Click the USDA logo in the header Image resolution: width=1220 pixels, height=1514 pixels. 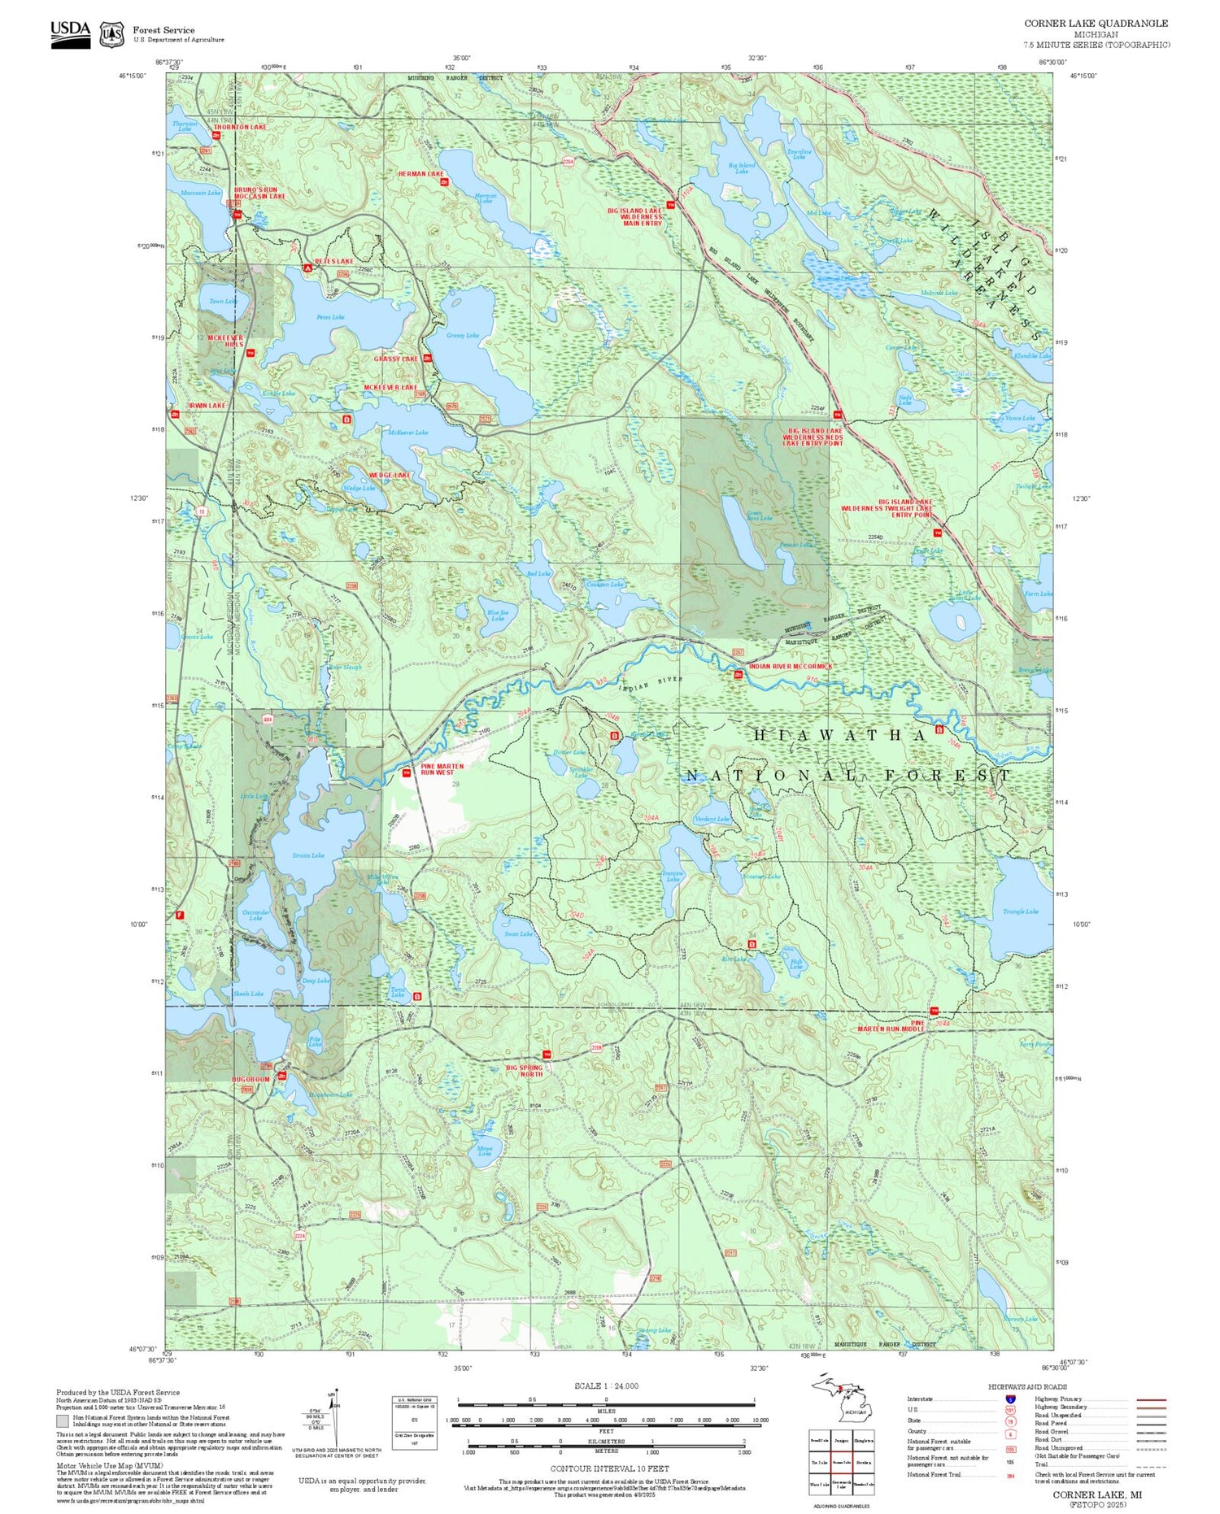click(x=70, y=33)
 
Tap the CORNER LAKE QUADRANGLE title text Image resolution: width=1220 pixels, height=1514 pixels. click(x=1096, y=24)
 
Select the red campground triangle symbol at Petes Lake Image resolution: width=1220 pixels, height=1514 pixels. click(x=307, y=268)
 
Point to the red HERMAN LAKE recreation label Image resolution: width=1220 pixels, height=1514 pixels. click(x=420, y=174)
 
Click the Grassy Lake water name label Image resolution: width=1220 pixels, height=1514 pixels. click(x=463, y=336)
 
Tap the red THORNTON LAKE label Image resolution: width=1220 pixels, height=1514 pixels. click(x=240, y=128)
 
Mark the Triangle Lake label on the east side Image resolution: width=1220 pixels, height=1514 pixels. click(x=1020, y=911)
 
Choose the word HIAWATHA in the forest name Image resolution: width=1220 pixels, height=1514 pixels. click(x=840, y=735)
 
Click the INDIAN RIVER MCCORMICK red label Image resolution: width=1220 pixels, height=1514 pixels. click(x=791, y=667)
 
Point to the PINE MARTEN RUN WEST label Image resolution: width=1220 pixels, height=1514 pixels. click(x=442, y=769)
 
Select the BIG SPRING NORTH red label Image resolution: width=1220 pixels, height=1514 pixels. click(x=525, y=1070)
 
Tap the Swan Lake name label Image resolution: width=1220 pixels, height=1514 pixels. click(x=518, y=934)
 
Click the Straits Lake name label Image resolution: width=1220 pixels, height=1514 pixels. click(x=308, y=855)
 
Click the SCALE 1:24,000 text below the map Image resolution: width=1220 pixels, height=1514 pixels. click(x=606, y=1386)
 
